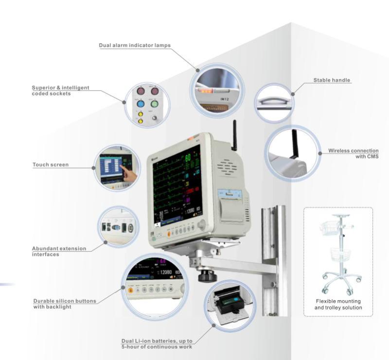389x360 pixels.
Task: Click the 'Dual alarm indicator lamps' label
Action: coord(134,45)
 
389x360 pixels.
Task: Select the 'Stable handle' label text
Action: coord(332,80)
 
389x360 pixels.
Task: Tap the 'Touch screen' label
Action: coord(51,165)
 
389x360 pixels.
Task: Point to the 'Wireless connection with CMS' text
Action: coord(353,153)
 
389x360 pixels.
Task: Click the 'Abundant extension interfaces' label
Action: coord(59,251)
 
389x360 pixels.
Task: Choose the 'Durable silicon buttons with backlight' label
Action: coord(65,304)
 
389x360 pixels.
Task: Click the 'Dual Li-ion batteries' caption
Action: coord(157,343)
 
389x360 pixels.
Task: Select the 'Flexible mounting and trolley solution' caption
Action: coord(338,304)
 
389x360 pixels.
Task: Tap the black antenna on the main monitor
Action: coord(234,136)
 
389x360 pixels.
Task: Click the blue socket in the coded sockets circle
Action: coord(141,104)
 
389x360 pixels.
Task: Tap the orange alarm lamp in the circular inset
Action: coord(205,90)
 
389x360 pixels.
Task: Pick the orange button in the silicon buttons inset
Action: coord(132,290)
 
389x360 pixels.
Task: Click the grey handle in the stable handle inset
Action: coord(273,101)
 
